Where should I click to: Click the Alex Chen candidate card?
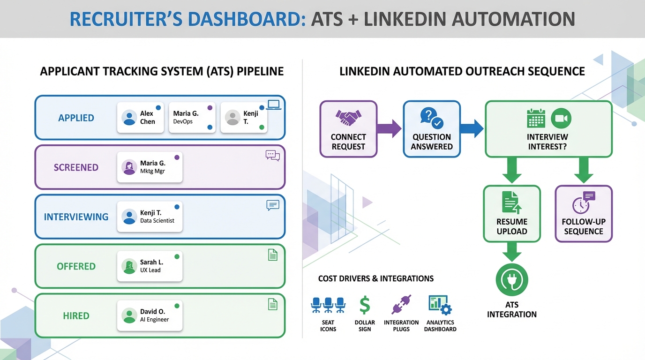pos(140,118)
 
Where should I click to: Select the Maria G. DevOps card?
pos(192,118)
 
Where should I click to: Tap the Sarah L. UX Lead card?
pos(150,266)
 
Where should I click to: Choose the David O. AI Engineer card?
pos(150,315)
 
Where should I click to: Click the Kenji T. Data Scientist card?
pos(150,217)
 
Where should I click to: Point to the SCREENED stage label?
pos(76,167)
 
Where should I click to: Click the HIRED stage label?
pos(76,315)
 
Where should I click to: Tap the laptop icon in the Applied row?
pos(273,105)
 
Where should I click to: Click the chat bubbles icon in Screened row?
pos(272,155)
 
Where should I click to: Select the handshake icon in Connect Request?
pos(348,117)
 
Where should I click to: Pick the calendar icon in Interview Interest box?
pos(536,118)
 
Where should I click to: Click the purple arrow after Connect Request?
pos(390,128)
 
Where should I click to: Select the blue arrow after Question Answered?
pos(472,128)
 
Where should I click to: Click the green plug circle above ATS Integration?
pos(512,280)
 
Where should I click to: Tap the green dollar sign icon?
pos(365,305)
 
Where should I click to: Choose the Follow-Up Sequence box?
pos(584,214)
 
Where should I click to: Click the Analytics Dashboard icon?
pos(440,305)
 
